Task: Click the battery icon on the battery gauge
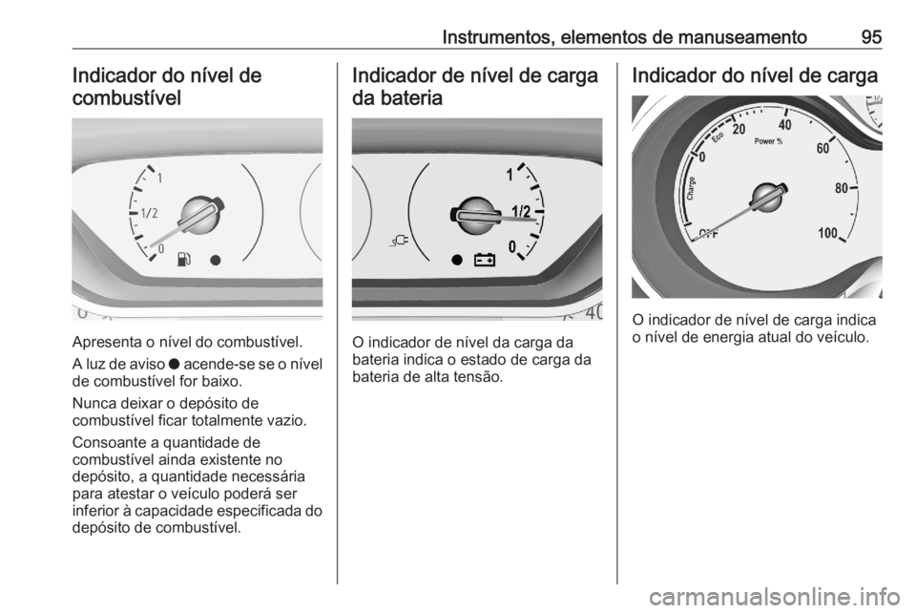(486, 259)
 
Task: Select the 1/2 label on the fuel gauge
(151, 214)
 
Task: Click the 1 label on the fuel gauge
(158, 179)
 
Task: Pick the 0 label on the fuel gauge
(160, 248)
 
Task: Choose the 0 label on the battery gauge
(513, 246)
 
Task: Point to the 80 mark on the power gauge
(841, 188)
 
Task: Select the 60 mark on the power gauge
(823, 148)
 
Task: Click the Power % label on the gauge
(768, 141)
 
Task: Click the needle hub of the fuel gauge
(201, 212)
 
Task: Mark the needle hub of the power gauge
(766, 198)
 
